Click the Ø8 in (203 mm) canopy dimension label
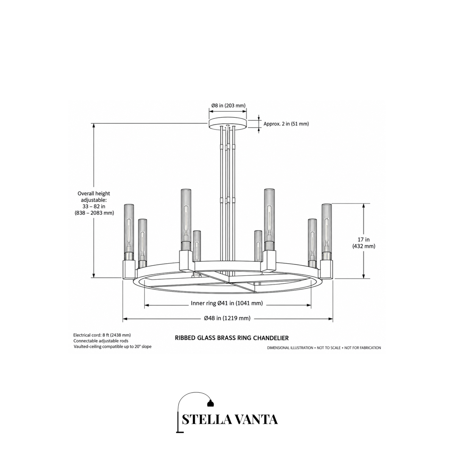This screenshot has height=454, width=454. (228, 106)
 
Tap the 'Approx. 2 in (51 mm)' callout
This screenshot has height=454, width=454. (286, 124)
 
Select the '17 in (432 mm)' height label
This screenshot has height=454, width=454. (364, 243)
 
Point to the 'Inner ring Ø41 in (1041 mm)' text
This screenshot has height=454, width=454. (227, 303)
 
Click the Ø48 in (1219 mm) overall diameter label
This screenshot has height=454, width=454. (227, 318)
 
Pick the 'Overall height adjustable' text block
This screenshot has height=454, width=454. (94, 203)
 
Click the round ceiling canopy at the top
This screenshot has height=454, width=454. (228, 123)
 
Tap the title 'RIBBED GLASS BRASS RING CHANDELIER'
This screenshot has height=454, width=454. (232, 338)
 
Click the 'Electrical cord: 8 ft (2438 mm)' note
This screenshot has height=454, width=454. (102, 335)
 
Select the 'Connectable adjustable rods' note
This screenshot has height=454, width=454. (101, 340)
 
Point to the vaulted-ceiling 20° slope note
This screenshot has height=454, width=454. (112, 347)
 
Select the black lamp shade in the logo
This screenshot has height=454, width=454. (210, 403)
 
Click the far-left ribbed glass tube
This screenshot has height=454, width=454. (129, 228)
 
